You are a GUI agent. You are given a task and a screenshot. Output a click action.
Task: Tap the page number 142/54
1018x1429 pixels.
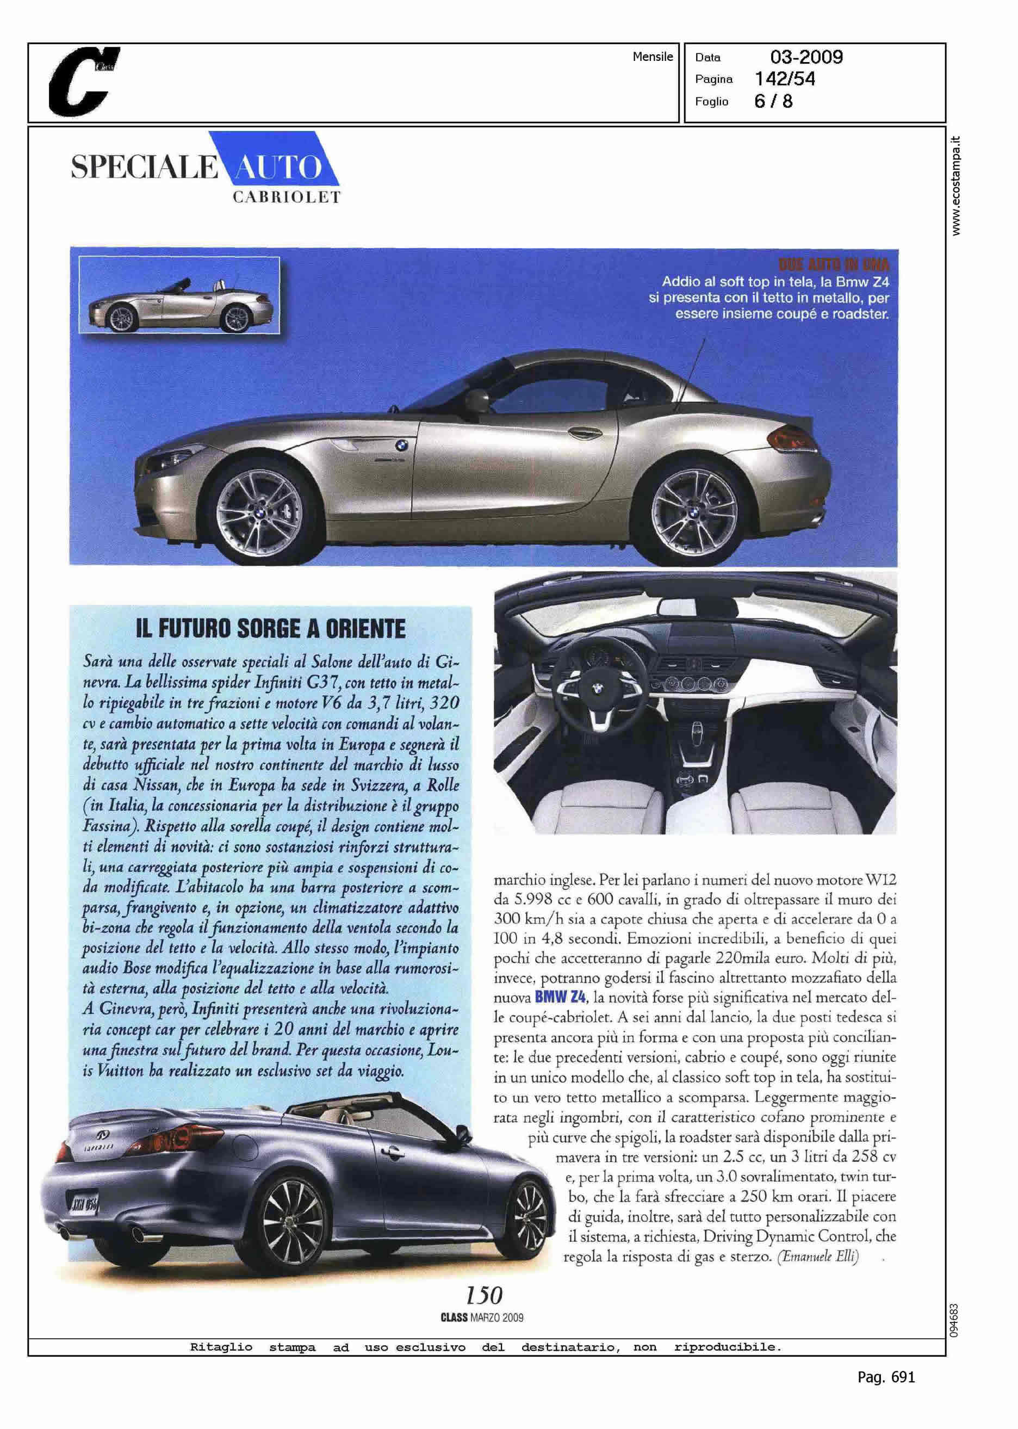pyautogui.click(x=785, y=79)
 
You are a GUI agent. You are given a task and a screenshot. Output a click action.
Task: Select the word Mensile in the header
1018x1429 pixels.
pyautogui.click(x=653, y=57)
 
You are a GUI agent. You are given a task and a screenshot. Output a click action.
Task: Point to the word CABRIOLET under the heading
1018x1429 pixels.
pyautogui.click(x=287, y=197)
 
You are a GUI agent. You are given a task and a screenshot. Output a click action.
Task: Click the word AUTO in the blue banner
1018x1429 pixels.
pyautogui.click(x=276, y=168)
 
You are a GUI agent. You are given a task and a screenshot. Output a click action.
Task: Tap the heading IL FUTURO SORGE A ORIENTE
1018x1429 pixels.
pyautogui.click(x=271, y=629)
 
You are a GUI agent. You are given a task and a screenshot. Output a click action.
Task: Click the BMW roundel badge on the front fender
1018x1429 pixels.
pyautogui.click(x=401, y=444)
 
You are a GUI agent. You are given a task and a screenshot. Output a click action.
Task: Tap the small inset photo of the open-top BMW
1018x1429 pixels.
pyautogui.click(x=179, y=295)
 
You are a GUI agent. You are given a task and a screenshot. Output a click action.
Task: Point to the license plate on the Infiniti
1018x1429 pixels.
pyautogui.click(x=81, y=1201)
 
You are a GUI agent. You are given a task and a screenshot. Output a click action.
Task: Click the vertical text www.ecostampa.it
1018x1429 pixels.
pyautogui.click(x=955, y=185)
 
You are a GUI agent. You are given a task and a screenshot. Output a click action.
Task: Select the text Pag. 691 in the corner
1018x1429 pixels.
pyautogui.click(x=886, y=1377)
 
